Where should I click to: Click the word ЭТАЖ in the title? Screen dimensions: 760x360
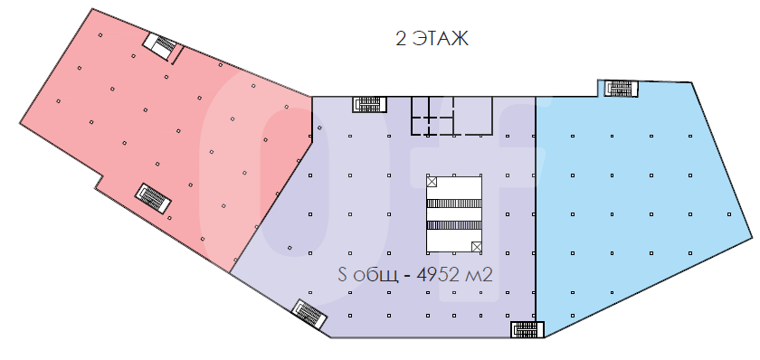(x=441, y=38)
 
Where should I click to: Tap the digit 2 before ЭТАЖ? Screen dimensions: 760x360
(x=401, y=38)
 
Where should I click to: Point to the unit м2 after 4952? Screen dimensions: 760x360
(x=479, y=275)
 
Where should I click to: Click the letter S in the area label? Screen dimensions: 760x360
(x=342, y=275)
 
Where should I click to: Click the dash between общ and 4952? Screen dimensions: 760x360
(x=408, y=276)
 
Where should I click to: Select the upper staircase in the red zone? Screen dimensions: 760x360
(x=162, y=46)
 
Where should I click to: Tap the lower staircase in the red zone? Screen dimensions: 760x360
(x=153, y=198)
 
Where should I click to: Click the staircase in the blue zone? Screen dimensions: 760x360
(x=617, y=89)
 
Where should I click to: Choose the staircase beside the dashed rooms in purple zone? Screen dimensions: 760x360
(x=370, y=104)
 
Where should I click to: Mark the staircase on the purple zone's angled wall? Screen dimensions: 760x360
(x=310, y=314)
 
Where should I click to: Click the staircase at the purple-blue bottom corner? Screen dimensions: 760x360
(x=527, y=329)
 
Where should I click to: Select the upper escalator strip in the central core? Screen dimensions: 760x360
(x=454, y=204)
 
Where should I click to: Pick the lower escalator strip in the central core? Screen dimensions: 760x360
(x=454, y=225)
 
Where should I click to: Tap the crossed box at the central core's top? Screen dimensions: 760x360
(x=432, y=182)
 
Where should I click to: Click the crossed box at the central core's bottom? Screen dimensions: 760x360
(x=477, y=247)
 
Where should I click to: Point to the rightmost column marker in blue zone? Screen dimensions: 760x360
(x=729, y=214)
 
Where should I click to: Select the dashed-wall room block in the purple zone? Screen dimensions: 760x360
(x=451, y=115)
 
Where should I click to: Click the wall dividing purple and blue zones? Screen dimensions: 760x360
(x=536, y=209)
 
